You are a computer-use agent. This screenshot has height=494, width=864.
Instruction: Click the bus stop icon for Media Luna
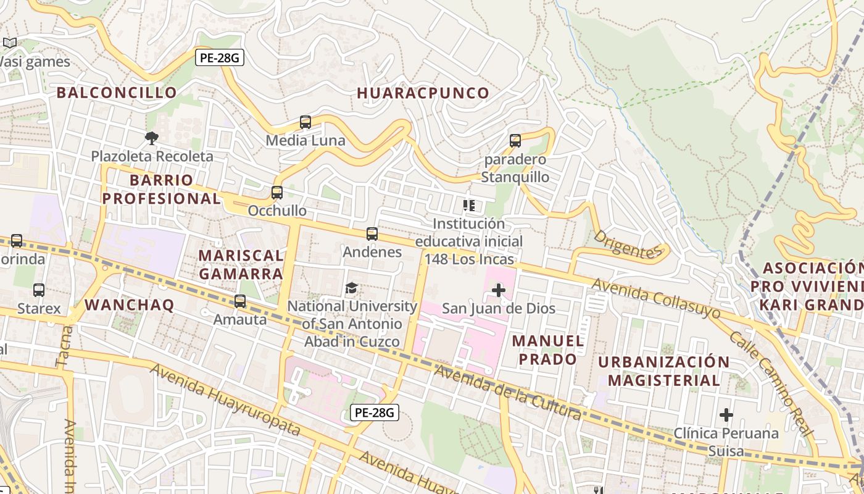pyautogui.click(x=305, y=122)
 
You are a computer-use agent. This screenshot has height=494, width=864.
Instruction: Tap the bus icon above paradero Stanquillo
pyautogui.click(x=515, y=141)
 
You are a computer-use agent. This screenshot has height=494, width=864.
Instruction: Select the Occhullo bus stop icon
pyautogui.click(x=276, y=193)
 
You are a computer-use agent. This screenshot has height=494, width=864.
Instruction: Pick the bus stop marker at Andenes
pyautogui.click(x=372, y=234)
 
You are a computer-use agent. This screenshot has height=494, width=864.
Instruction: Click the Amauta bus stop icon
pyautogui.click(x=240, y=301)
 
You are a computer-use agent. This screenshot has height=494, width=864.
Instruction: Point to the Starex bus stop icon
pyautogui.click(x=39, y=290)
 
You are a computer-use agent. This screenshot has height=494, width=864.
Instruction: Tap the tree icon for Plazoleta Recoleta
pyautogui.click(x=151, y=138)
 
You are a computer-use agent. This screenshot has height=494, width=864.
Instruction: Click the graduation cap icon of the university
pyautogui.click(x=351, y=288)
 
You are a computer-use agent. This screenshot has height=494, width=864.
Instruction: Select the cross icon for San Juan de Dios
pyautogui.click(x=499, y=290)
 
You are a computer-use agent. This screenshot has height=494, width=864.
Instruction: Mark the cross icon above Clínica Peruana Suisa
pyautogui.click(x=726, y=414)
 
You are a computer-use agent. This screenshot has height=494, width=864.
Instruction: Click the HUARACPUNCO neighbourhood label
pyautogui.click(x=423, y=93)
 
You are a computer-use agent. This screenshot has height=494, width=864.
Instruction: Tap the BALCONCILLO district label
pyautogui.click(x=117, y=93)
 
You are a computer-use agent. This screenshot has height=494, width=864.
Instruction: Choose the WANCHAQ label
pyautogui.click(x=130, y=304)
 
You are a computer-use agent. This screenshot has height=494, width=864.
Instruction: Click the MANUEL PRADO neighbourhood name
pyautogui.click(x=548, y=350)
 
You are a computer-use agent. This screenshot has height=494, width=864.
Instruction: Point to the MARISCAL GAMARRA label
pyautogui.click(x=241, y=264)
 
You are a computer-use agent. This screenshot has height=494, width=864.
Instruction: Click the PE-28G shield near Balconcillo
pyautogui.click(x=220, y=58)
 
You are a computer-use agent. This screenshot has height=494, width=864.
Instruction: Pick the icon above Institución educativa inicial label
pyautogui.click(x=469, y=205)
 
